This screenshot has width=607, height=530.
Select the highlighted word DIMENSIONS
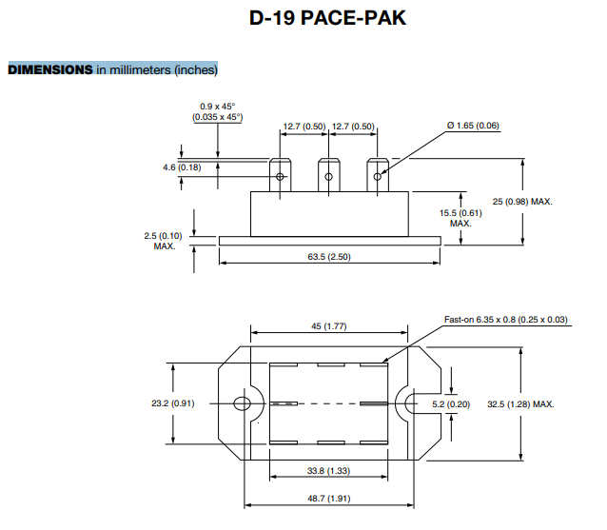[x=50, y=69]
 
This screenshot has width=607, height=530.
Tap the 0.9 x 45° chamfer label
[x=218, y=111]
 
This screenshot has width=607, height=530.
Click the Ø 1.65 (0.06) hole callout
[x=473, y=126]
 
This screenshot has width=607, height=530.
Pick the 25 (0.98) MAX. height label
[x=522, y=202]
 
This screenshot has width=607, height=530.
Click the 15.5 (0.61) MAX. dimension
[x=460, y=218]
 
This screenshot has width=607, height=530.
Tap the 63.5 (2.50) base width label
[x=329, y=258]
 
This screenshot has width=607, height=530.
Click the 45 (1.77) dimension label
[x=329, y=326]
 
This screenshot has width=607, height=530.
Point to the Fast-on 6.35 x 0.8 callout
[x=506, y=320]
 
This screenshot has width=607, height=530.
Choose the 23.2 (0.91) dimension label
[x=173, y=403]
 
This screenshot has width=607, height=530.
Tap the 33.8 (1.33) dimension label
[x=329, y=470]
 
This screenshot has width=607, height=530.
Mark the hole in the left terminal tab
[x=280, y=176]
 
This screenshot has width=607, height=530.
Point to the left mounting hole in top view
[x=242, y=403]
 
